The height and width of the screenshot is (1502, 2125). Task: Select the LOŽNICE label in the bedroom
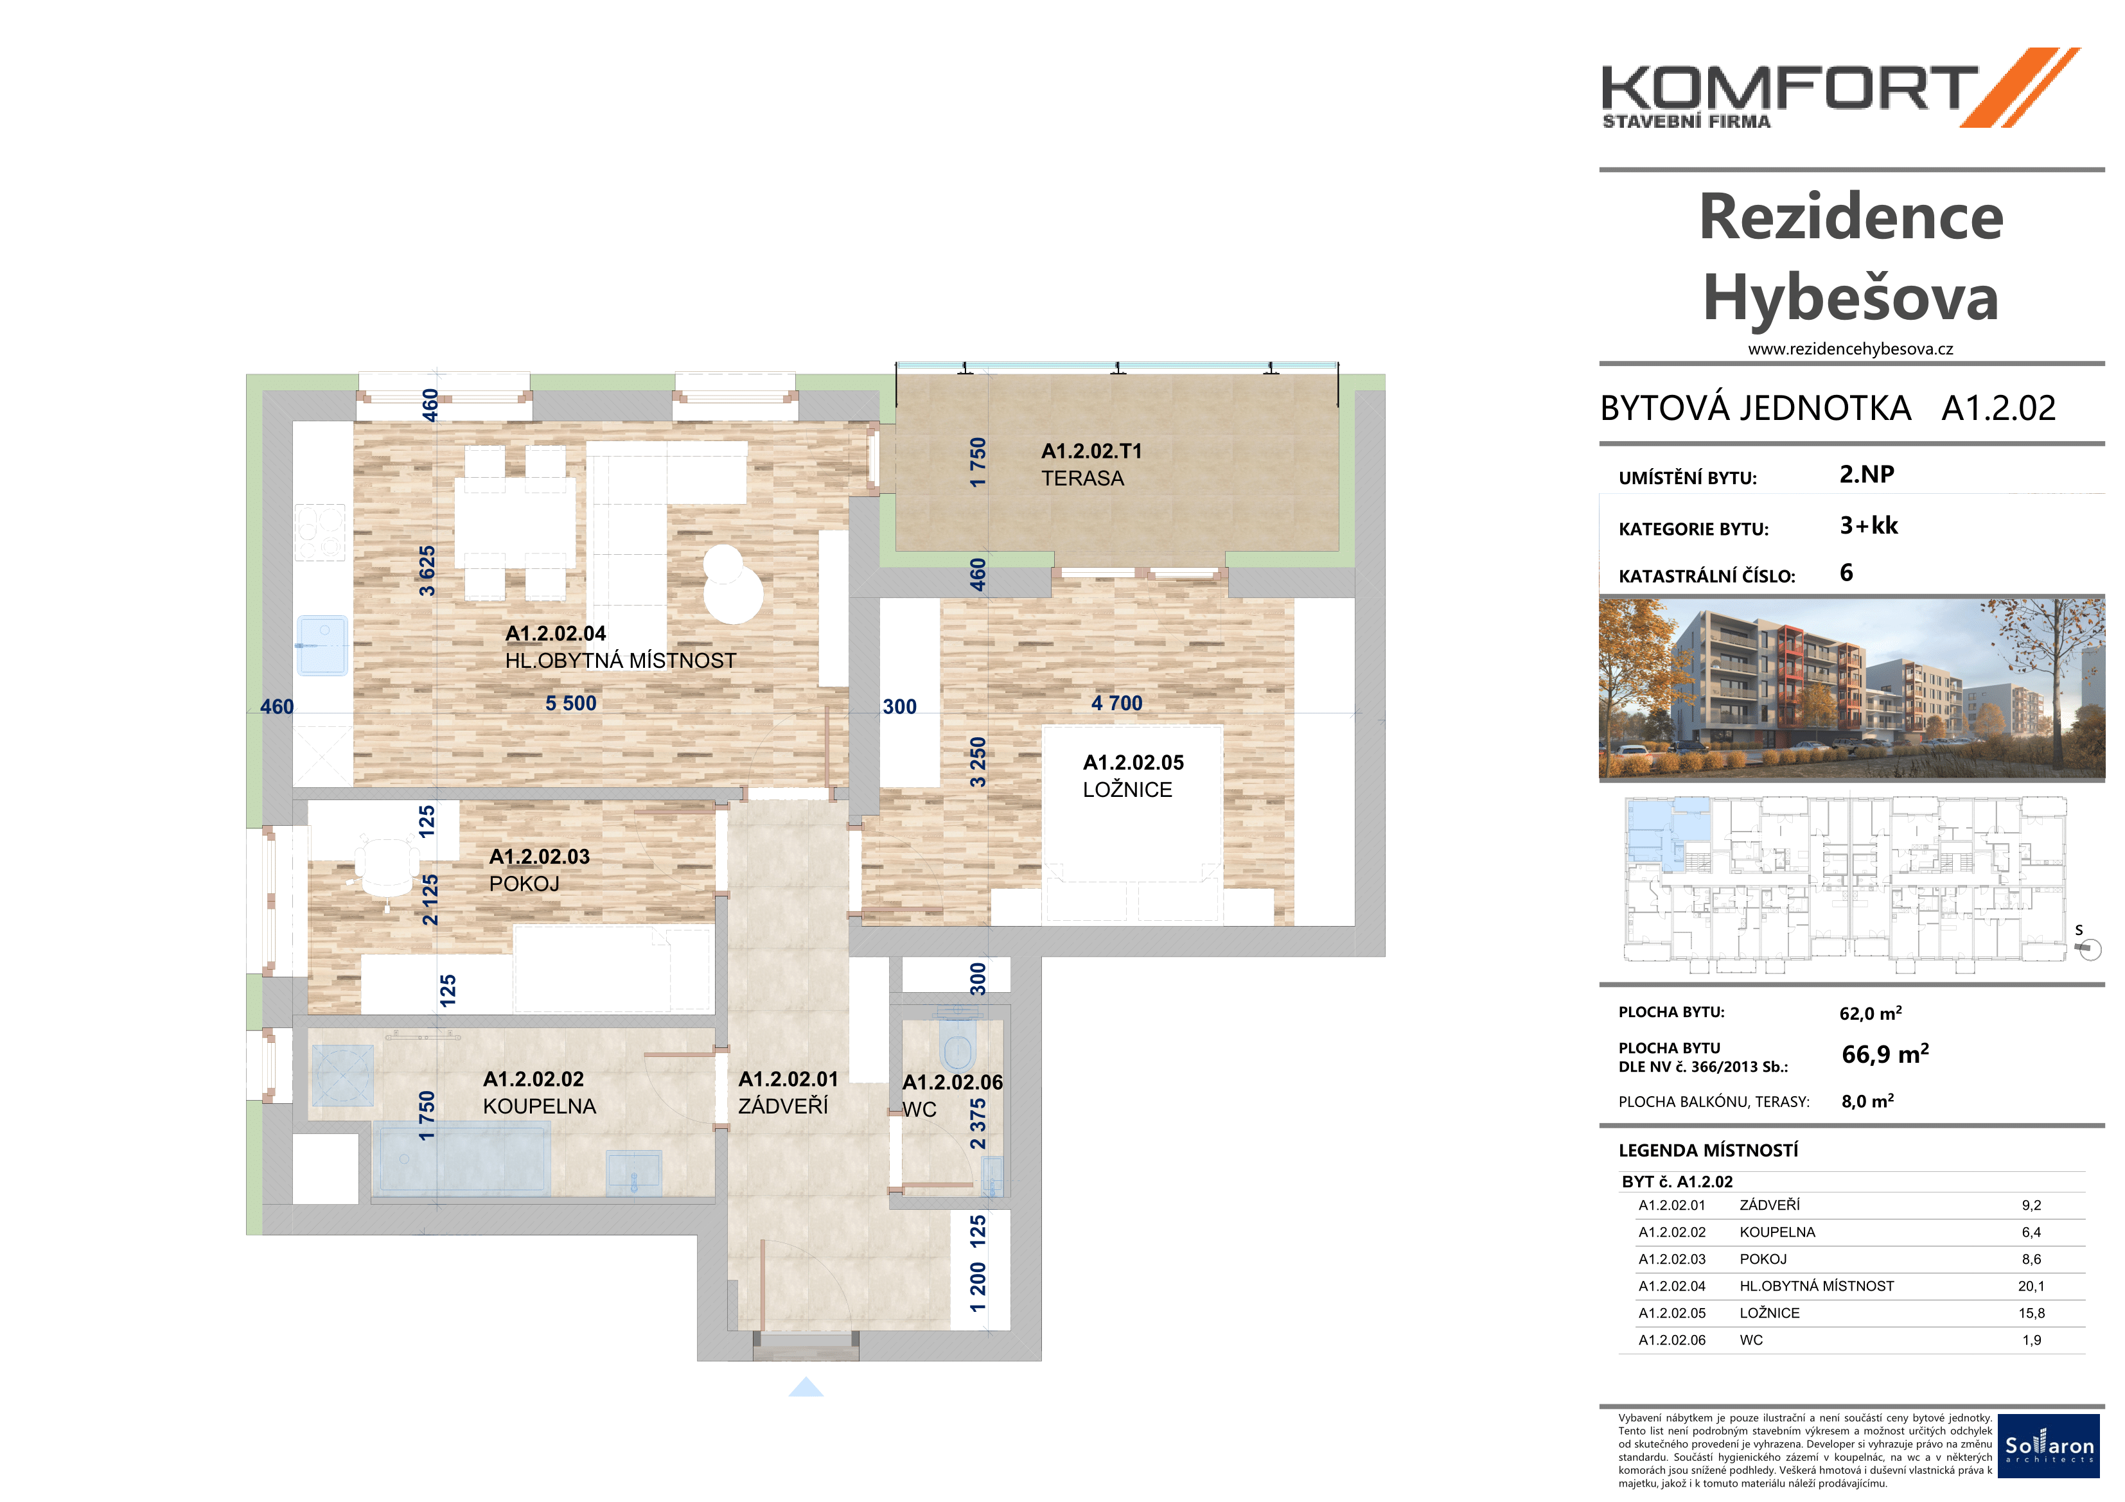(x=1127, y=789)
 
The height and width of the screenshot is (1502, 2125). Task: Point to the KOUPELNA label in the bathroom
(x=540, y=1106)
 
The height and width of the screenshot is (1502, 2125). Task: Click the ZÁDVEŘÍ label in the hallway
(x=783, y=1105)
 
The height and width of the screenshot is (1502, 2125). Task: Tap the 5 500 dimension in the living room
(x=571, y=703)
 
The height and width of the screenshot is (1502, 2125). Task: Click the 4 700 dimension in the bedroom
(x=1117, y=703)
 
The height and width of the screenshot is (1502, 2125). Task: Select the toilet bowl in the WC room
(x=957, y=1041)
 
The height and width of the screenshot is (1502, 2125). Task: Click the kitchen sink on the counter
(x=322, y=645)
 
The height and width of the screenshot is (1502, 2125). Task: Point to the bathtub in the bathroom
(x=461, y=1158)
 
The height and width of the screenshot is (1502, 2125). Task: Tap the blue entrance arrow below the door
(x=806, y=1386)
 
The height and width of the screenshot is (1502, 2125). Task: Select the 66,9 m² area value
(x=1885, y=1054)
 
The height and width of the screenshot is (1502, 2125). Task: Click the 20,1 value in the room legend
(x=2031, y=1286)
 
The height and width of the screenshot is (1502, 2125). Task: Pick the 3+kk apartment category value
(x=1869, y=526)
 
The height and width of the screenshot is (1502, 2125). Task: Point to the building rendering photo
(x=1851, y=688)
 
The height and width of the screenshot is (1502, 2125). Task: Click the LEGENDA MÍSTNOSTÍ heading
(x=1709, y=1150)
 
